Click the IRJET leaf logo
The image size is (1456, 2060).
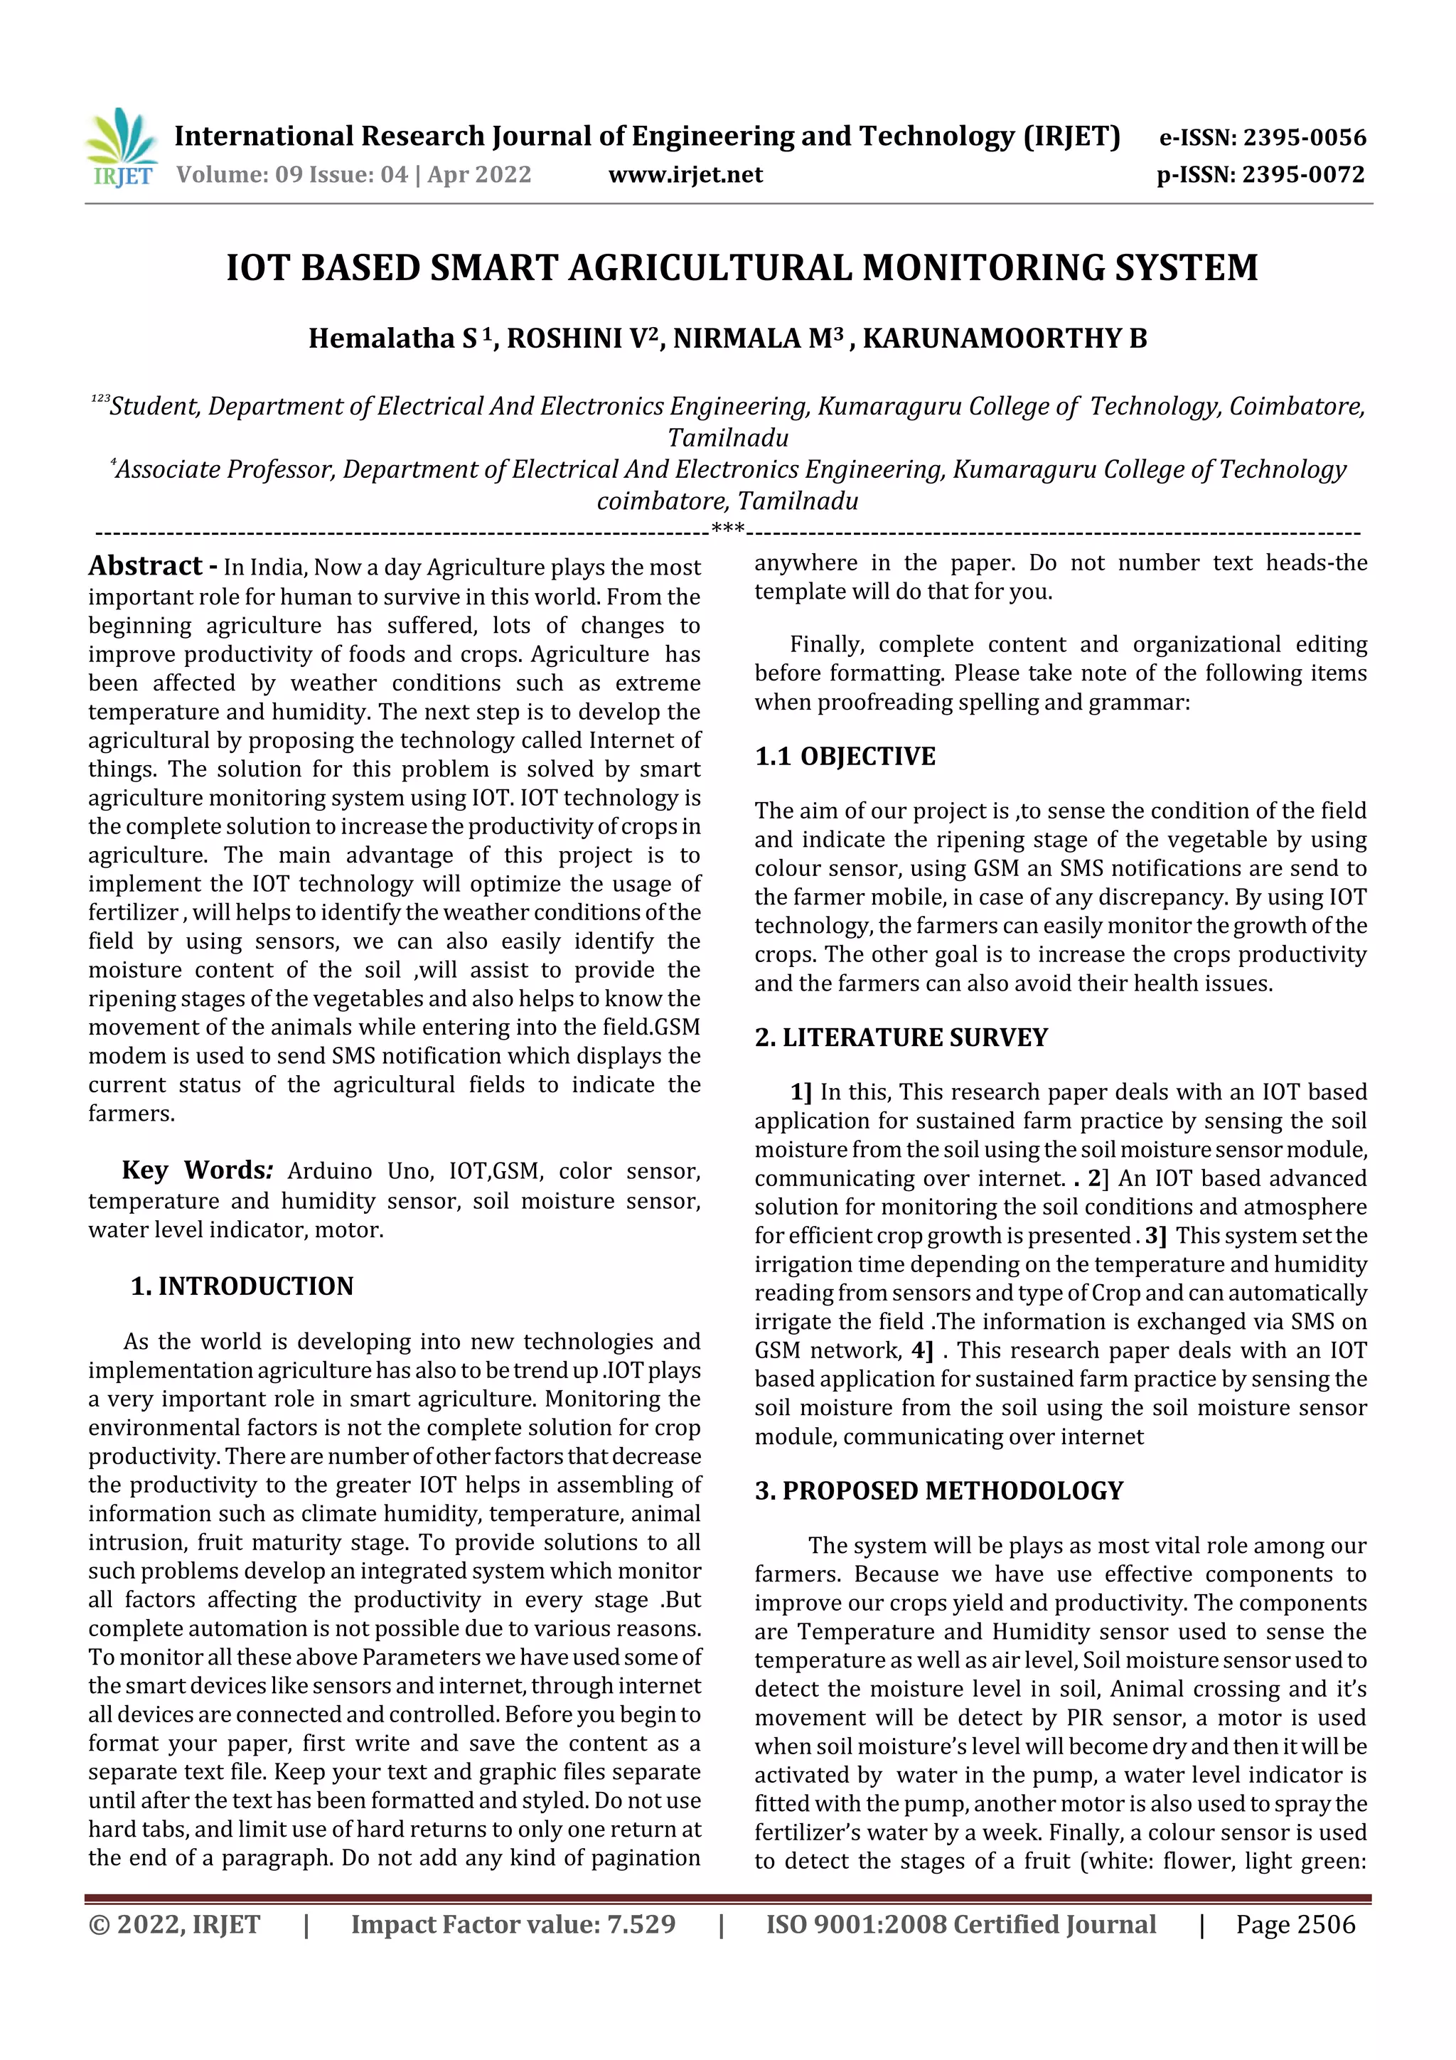point(121,146)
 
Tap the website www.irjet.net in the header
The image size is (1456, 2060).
point(685,175)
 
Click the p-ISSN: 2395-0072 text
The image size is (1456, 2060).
point(1260,175)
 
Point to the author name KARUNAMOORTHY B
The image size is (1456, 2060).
point(1004,338)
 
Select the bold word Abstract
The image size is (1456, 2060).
point(145,566)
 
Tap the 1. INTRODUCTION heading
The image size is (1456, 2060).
point(242,1286)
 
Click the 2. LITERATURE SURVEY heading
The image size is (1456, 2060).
point(901,1037)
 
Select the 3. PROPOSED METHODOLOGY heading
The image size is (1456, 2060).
point(938,1490)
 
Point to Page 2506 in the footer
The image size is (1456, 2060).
point(1295,1923)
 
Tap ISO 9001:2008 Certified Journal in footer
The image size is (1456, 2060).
point(960,1923)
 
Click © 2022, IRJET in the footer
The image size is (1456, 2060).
point(174,1923)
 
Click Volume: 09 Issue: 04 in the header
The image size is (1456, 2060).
point(291,175)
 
